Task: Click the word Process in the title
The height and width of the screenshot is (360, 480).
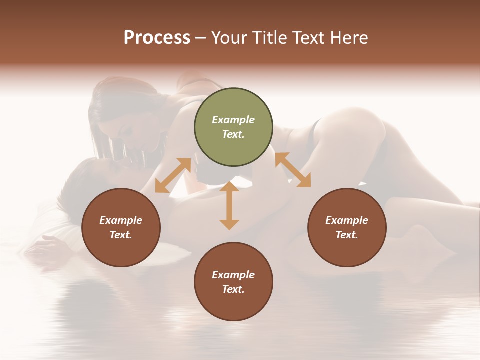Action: coord(157,38)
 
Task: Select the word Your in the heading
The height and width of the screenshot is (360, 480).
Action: coord(229,38)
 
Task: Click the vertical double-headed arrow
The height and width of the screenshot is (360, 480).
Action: coord(229,206)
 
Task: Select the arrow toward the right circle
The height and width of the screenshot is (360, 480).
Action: coord(293,170)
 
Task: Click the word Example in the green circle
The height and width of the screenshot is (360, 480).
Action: coord(233,120)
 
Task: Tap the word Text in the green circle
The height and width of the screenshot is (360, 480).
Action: coord(233,134)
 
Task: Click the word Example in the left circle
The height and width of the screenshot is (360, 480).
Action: coord(121,220)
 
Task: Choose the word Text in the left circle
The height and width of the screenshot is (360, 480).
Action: coord(121,235)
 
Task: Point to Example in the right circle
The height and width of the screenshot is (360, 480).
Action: coord(347,220)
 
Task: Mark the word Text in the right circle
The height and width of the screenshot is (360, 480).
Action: coord(347,235)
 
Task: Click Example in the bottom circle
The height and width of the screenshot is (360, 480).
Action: coord(233,275)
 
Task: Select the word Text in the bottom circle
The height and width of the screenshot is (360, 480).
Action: coord(233,289)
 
